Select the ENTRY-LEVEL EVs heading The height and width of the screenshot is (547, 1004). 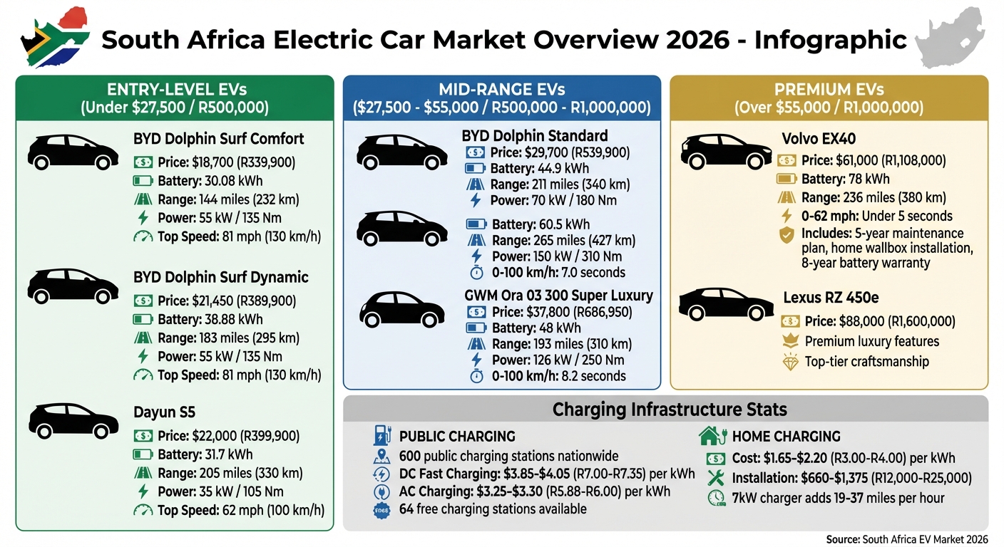pyautogui.click(x=175, y=98)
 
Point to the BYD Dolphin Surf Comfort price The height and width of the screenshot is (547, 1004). pyautogui.click(x=226, y=162)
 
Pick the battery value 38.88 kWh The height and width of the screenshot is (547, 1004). pyautogui.click(x=210, y=319)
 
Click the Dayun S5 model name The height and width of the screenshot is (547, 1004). pyautogui.click(x=164, y=412)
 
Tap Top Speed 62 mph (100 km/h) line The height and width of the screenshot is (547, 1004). pyautogui.click(x=240, y=510)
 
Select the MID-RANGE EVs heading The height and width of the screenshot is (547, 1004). pyautogui.click(x=501, y=98)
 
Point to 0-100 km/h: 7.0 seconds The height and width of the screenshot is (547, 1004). pyautogui.click(x=558, y=272)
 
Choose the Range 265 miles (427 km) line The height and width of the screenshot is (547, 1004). pyautogui.click(x=563, y=240)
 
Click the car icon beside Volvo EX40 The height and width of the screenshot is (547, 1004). pyautogui.click(x=725, y=150)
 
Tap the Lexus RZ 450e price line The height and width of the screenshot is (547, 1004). pyautogui.click(x=879, y=321)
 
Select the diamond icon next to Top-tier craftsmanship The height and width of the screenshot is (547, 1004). pyautogui.click(x=790, y=362)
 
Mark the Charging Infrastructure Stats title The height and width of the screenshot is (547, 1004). pyautogui.click(x=670, y=410)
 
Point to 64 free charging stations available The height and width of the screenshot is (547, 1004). pyautogui.click(x=493, y=509)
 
